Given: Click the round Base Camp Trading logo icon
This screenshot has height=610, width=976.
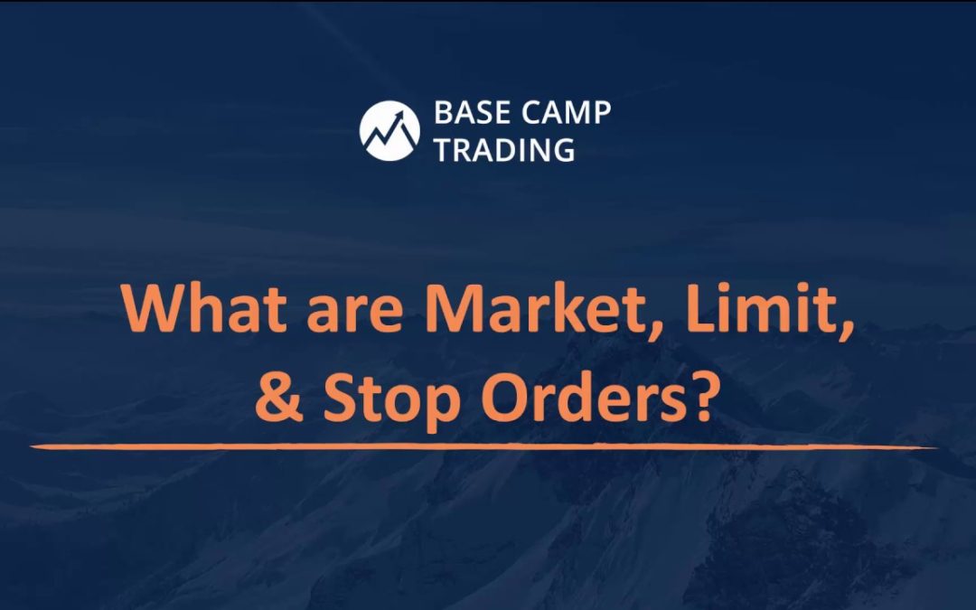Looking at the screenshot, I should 389,130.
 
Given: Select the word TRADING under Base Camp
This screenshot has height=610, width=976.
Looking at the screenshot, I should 504,149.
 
